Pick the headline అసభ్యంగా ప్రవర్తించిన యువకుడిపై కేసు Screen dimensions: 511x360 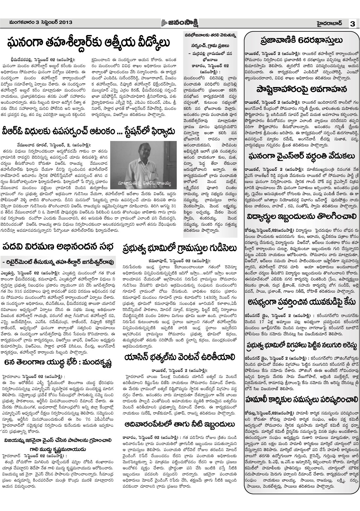[301, 303]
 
